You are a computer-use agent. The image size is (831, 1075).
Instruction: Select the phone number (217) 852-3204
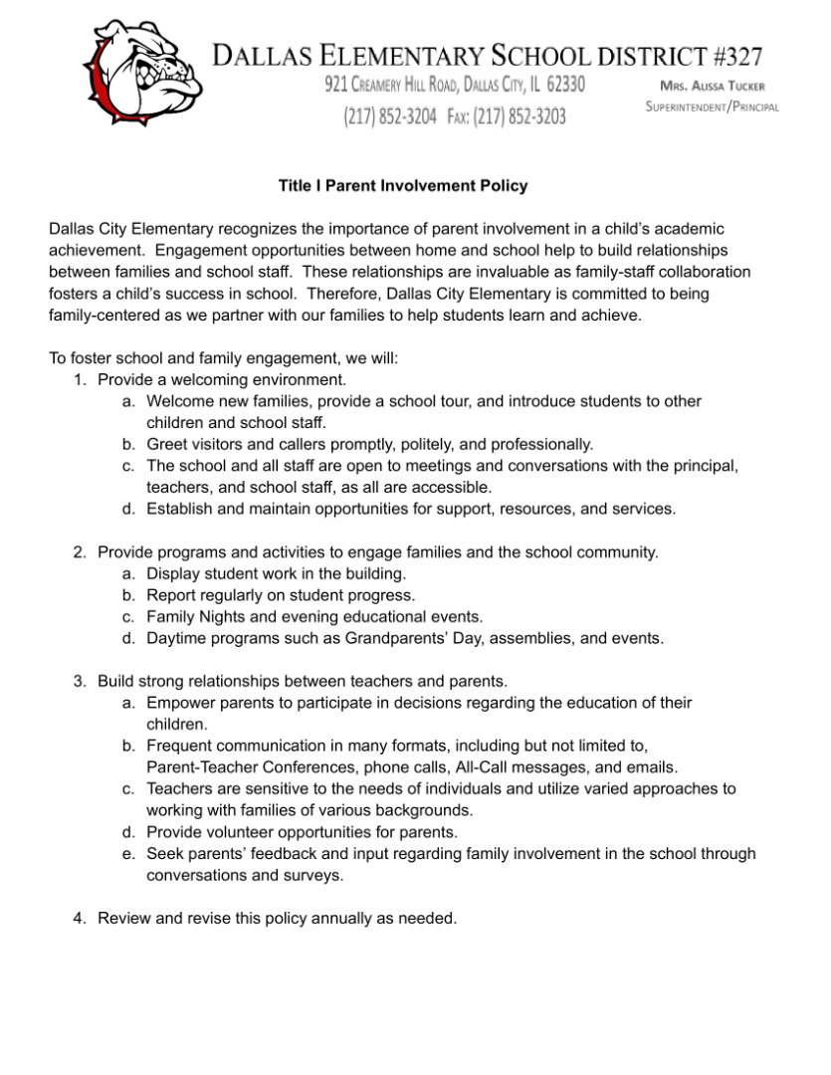coord(390,116)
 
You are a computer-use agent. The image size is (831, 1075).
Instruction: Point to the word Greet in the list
coord(166,444)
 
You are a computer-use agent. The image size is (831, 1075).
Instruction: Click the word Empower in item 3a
coord(180,703)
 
